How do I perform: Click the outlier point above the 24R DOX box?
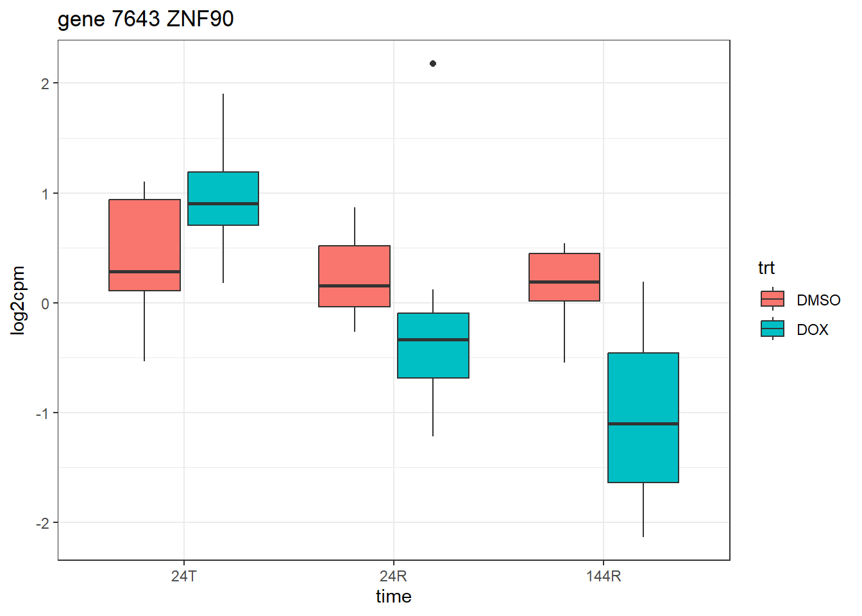click(433, 64)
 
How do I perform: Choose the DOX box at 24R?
click(433, 359)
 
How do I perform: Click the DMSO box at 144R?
click(564, 269)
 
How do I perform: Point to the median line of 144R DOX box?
click(643, 424)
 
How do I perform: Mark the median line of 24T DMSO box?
click(144, 271)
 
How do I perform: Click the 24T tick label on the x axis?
click(184, 576)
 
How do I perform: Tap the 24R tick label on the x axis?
click(393, 576)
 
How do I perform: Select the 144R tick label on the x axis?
click(604, 576)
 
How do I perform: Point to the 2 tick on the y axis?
click(45, 83)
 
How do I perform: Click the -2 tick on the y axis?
click(42, 524)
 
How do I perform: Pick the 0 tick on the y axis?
click(45, 304)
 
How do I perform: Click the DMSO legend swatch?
click(772, 299)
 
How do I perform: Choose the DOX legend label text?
click(813, 330)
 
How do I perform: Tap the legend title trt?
click(766, 268)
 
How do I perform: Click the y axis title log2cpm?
click(18, 300)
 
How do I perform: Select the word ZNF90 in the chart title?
click(200, 19)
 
